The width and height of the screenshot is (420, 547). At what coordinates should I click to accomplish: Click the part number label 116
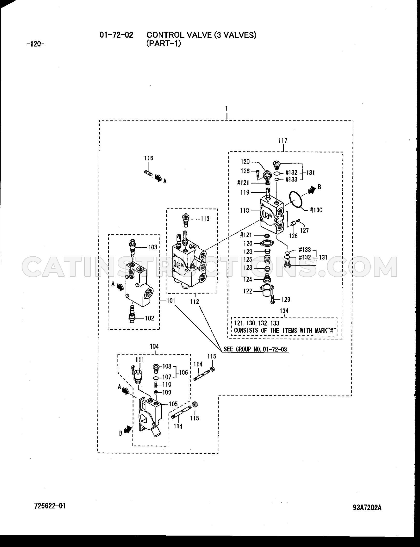[149, 158]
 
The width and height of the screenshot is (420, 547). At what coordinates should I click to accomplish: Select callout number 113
[205, 219]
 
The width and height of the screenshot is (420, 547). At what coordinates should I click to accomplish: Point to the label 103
[153, 247]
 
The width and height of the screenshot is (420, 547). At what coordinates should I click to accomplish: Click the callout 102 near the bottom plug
[150, 318]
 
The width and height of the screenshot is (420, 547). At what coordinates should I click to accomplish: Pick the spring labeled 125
[267, 259]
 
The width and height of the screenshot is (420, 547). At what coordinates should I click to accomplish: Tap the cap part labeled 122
[266, 290]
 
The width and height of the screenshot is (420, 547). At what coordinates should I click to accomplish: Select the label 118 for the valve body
[245, 211]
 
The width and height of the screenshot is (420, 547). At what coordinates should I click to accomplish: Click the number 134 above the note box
[284, 311]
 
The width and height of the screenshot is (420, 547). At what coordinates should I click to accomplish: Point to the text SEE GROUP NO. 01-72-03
[255, 349]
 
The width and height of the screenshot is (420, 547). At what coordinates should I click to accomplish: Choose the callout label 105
[173, 404]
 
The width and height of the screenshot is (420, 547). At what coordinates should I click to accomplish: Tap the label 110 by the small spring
[167, 385]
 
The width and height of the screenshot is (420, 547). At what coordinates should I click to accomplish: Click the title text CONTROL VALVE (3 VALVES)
[201, 35]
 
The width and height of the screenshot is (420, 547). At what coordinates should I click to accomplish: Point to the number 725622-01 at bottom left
[50, 506]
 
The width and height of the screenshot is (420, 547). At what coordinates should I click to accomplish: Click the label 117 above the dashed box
[283, 141]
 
